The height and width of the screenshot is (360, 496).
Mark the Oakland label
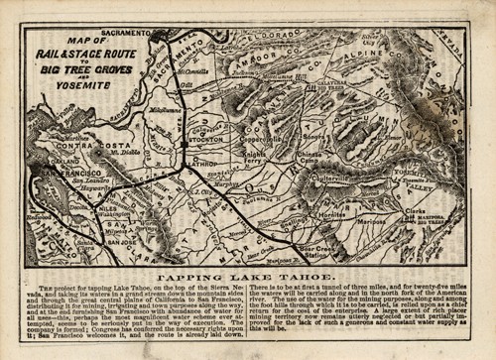point(66,160)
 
